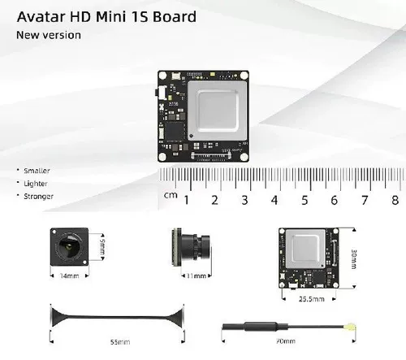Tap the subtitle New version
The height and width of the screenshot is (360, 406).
(x=48, y=35)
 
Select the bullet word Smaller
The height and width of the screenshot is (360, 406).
(x=37, y=171)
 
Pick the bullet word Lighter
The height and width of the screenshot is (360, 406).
(x=36, y=184)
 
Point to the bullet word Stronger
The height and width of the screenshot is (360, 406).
(x=37, y=196)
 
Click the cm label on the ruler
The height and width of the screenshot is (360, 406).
(x=171, y=195)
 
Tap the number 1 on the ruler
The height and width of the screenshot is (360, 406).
(x=187, y=200)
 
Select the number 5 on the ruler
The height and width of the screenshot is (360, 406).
(x=304, y=200)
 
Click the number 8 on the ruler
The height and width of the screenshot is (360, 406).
(x=395, y=200)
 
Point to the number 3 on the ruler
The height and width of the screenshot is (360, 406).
(x=245, y=200)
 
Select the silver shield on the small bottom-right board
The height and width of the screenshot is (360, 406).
(x=305, y=248)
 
